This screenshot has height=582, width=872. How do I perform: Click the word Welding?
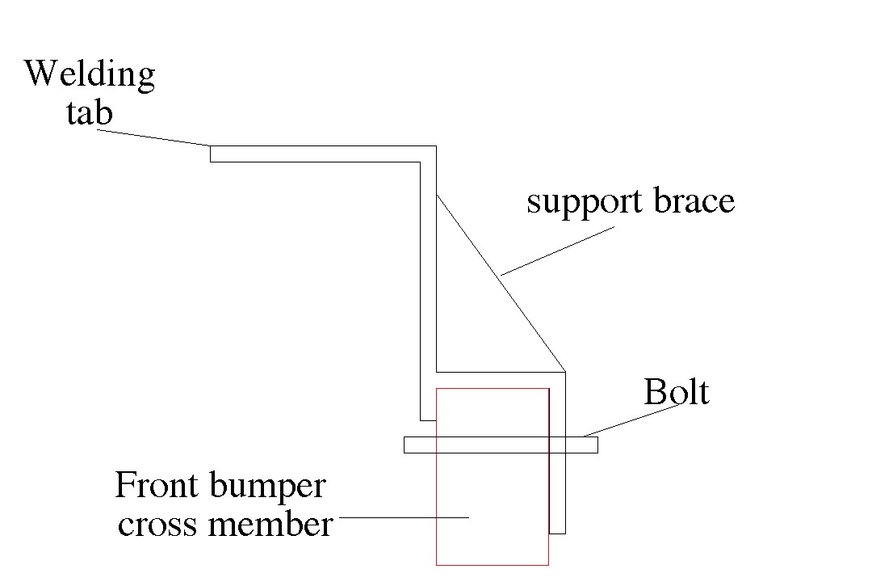tap(90, 74)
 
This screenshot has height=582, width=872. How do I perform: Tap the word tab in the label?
tap(90, 112)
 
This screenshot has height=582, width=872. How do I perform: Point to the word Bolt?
tap(677, 391)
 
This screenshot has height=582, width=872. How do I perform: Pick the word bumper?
tap(267, 487)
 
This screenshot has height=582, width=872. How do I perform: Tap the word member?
tap(270, 524)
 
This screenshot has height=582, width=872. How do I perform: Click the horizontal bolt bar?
tap(501, 445)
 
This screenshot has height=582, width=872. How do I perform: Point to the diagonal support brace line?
tap(501, 282)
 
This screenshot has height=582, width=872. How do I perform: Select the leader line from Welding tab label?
tap(153, 137)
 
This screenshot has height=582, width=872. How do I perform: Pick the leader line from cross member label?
tap(404, 517)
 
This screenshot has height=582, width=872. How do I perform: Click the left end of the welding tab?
tap(210, 154)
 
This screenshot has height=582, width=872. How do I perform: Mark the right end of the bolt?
tap(597, 445)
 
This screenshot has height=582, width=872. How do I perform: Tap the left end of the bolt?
tap(404, 445)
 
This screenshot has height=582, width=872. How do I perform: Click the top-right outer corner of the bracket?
tap(436, 146)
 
